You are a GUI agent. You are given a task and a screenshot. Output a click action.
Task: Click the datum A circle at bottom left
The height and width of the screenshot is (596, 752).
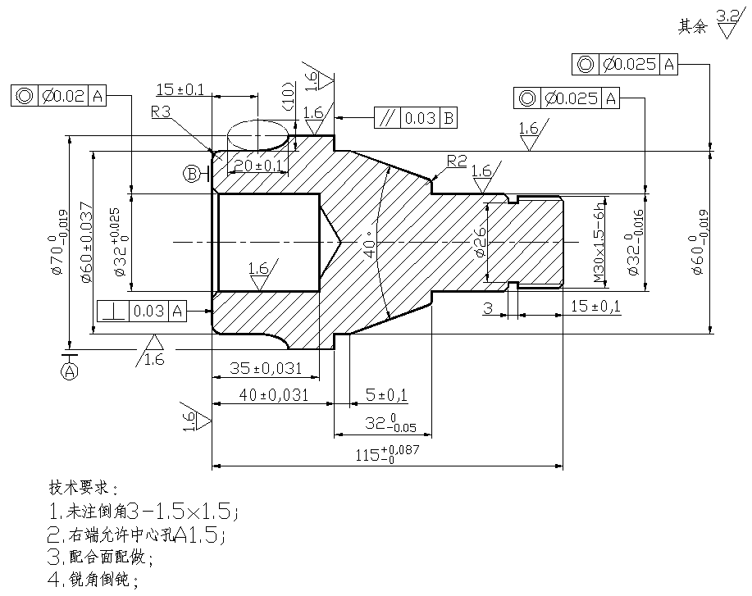coord(70,371)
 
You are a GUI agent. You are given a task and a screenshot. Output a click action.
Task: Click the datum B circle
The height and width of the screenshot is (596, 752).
coord(193,173)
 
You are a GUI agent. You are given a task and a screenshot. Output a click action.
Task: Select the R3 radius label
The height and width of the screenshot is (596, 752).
coord(161,112)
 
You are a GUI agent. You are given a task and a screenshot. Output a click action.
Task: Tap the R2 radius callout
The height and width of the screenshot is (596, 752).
coord(457,162)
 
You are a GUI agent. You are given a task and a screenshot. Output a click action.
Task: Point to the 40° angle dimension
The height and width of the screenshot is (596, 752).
coord(370,244)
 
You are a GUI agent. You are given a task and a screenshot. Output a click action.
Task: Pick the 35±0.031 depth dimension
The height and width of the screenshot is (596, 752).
coord(266,368)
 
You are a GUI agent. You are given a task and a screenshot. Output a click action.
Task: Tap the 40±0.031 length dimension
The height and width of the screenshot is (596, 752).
coord(273,395)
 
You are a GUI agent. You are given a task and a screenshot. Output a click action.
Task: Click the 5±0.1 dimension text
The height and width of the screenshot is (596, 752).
coord(386,395)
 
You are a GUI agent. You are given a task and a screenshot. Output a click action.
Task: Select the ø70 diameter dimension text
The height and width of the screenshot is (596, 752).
coord(58,243)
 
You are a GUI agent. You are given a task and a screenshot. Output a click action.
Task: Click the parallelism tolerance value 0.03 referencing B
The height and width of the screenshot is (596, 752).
coord(420,118)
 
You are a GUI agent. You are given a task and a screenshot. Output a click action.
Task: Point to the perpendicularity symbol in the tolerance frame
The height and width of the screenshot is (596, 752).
coord(112,312)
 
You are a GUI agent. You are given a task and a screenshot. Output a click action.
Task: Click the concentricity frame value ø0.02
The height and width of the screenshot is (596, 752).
coord(63,96)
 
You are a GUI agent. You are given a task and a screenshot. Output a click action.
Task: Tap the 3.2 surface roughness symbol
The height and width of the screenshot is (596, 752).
coord(729,23)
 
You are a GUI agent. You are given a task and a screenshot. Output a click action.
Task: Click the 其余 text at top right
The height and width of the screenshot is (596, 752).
coord(692,26)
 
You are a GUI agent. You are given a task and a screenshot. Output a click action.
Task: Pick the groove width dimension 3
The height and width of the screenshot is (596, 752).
coord(488,307)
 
